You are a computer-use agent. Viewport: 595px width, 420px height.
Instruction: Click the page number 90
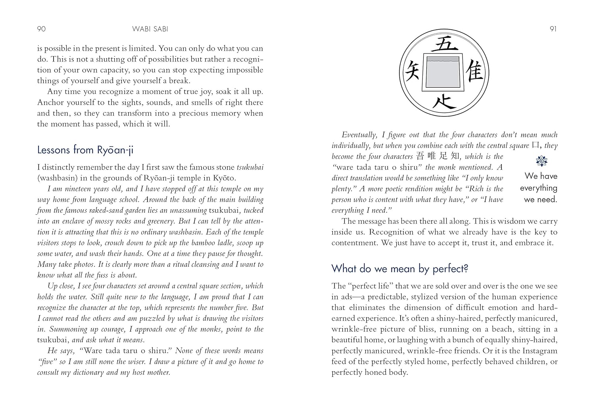41,29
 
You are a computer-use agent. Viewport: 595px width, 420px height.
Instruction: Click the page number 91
553,29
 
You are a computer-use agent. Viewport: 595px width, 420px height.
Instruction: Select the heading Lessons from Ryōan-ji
85,150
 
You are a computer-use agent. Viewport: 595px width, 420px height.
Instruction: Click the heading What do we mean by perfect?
400,269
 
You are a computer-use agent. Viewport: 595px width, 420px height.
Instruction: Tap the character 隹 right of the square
475,73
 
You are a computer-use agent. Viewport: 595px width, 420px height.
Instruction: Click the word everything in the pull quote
538,188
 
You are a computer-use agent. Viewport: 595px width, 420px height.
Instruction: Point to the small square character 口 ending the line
536,145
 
